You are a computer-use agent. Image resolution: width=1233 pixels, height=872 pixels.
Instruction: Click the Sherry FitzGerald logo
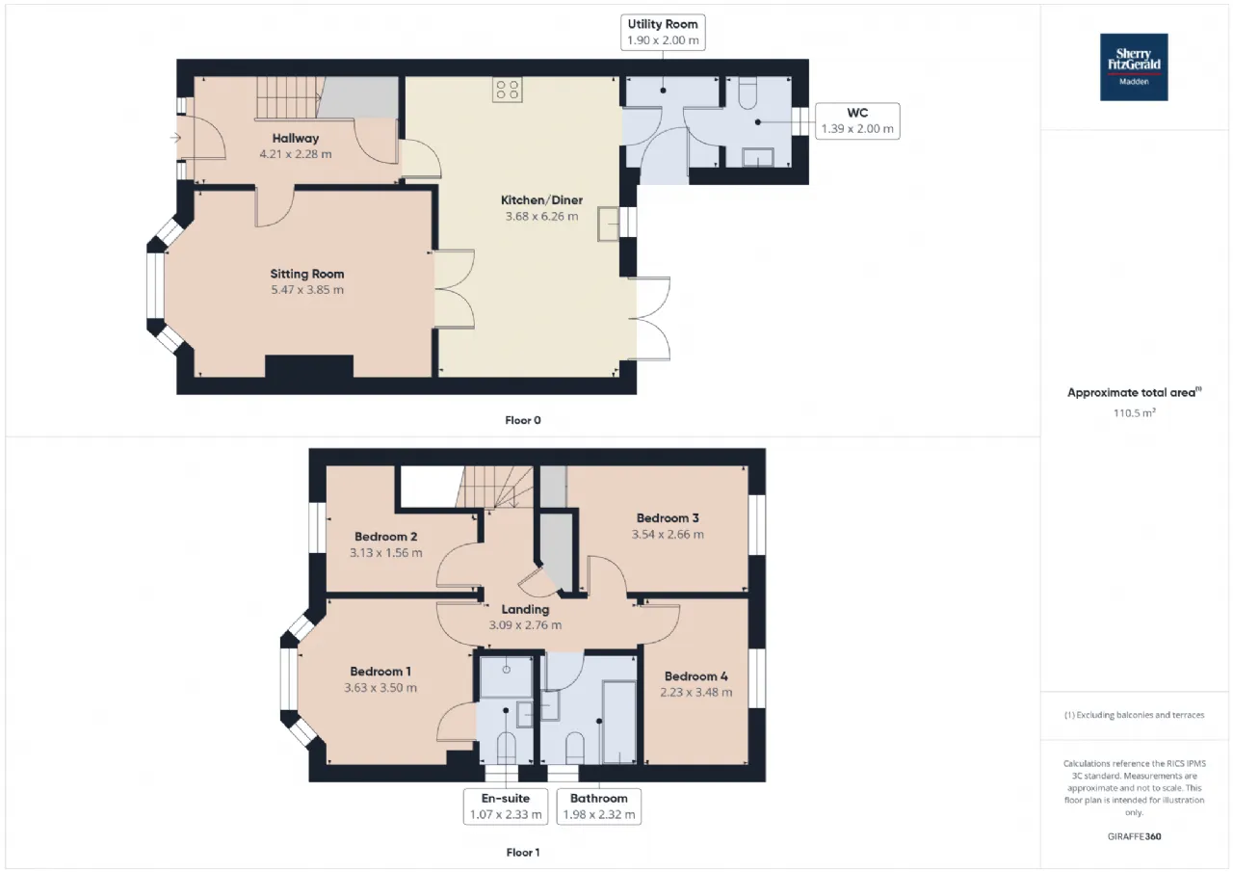click(x=1134, y=67)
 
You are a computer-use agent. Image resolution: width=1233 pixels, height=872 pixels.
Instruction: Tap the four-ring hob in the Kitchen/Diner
click(x=507, y=90)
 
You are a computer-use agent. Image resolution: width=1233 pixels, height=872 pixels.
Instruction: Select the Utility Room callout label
click(x=663, y=33)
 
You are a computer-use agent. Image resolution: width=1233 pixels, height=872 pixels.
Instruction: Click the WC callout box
click(x=857, y=121)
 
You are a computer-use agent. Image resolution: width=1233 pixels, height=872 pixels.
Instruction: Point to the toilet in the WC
click(x=748, y=92)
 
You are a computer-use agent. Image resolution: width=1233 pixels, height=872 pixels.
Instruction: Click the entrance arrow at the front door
click(x=175, y=138)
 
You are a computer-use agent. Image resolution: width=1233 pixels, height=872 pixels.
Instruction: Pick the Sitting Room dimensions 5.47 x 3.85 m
click(x=307, y=290)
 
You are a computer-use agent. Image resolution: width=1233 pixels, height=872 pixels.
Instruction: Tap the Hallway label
click(x=296, y=138)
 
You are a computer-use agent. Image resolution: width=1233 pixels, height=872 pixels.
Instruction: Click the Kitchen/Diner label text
click(x=541, y=200)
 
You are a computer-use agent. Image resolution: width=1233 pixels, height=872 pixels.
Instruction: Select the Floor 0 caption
click(x=523, y=421)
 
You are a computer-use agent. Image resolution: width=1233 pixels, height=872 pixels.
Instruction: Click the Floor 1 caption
click(x=523, y=853)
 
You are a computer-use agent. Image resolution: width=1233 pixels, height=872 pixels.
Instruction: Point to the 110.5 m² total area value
click(x=1134, y=413)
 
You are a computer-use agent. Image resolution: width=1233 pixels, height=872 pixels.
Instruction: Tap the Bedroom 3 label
click(x=668, y=518)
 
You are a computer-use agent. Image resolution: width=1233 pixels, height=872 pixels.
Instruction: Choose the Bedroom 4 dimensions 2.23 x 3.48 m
click(x=696, y=693)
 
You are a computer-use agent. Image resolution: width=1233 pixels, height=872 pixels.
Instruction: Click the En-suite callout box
click(x=506, y=806)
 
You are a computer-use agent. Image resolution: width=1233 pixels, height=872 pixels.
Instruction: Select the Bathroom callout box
click(x=599, y=806)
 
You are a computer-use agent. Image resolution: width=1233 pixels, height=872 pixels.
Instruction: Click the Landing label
click(x=525, y=609)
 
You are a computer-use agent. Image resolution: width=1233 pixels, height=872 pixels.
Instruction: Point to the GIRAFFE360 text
click(x=1134, y=836)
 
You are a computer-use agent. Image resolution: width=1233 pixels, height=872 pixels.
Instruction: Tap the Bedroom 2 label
click(x=386, y=537)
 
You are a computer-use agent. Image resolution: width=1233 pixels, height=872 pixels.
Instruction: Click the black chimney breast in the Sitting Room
click(x=309, y=367)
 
